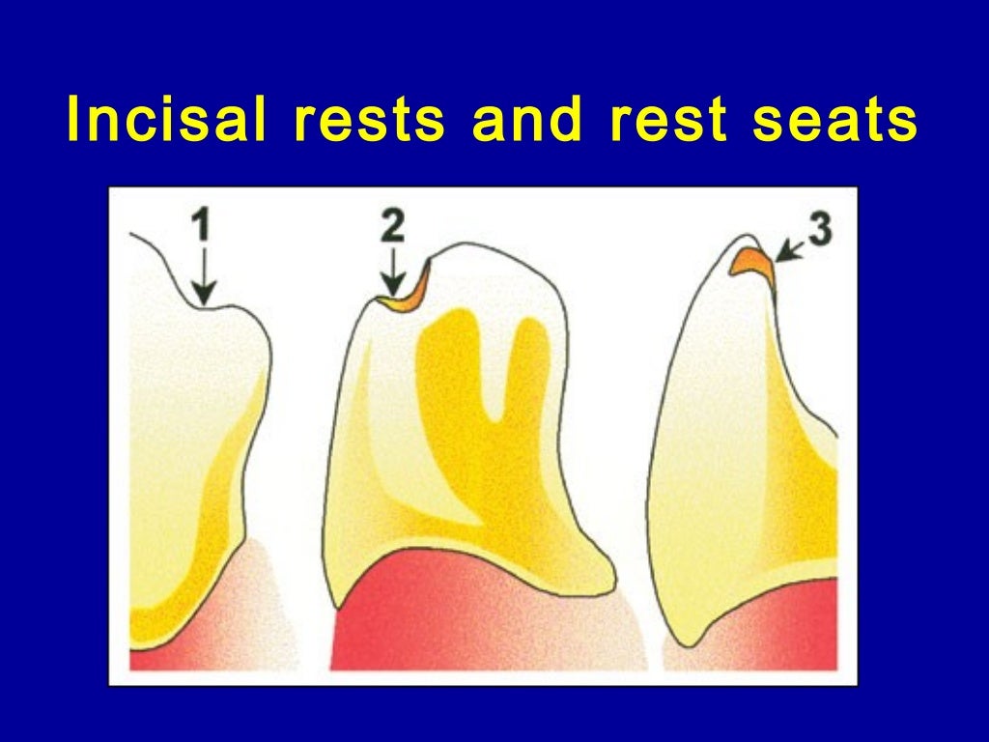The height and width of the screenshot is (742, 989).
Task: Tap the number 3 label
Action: coord(820,233)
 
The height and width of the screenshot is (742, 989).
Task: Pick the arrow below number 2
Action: coord(392,274)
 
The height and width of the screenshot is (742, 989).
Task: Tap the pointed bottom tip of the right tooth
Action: coord(687,642)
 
